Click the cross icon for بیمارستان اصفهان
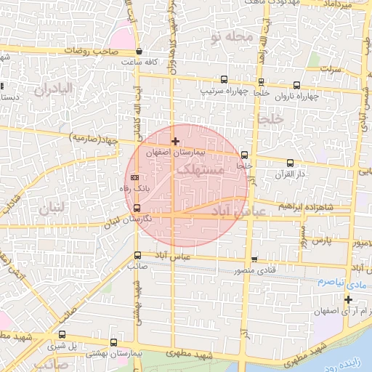click(x=175, y=140)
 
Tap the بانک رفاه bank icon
click(x=134, y=177)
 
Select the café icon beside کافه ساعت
click(x=138, y=52)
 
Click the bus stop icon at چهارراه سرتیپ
click(x=224, y=81)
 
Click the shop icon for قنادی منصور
click(x=254, y=259)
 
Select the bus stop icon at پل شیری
click(x=62, y=336)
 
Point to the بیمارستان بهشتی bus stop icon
click(x=113, y=341)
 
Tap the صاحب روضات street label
click(x=105, y=52)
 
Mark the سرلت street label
click(x=331, y=70)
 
